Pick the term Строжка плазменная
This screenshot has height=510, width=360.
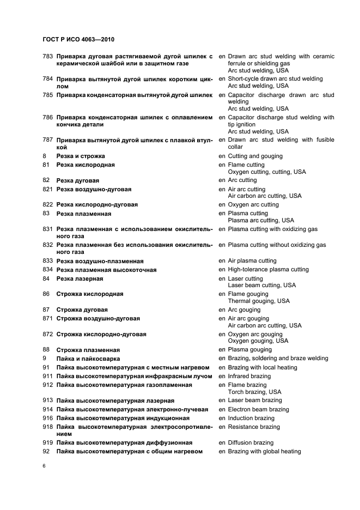coord(88,350)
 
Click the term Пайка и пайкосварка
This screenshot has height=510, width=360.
coord(88,359)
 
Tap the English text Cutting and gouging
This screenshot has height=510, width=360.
coord(255,156)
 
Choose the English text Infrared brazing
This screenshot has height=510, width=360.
coord(249,376)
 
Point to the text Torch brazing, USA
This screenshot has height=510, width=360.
coord(254,392)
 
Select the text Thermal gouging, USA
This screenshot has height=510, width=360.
coord(259,301)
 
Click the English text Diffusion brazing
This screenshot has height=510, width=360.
coord(251,442)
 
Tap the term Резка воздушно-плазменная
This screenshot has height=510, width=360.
coord(100,261)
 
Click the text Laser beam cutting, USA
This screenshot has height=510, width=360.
coord(261,285)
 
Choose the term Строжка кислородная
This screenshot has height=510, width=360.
coord(90,294)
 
